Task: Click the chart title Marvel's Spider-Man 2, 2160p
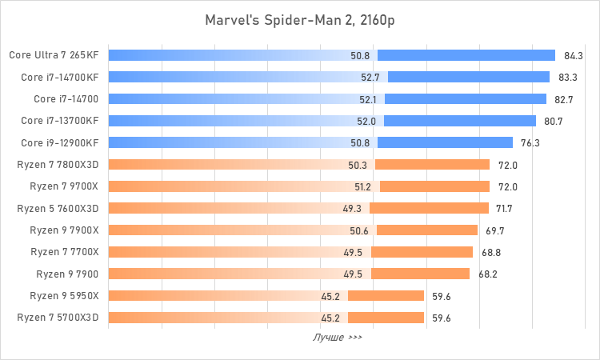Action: coord(300,19)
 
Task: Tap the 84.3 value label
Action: coord(574,56)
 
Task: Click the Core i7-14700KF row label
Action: coord(61,77)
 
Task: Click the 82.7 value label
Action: coord(564,99)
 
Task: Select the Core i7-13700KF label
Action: coord(61,121)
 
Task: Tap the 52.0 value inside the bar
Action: coord(367,121)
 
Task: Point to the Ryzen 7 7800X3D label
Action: coord(58,165)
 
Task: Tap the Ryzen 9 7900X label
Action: coord(63,230)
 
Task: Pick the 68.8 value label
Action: coord(490,252)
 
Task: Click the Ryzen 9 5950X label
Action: coord(64,295)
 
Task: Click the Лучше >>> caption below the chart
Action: coord(337,338)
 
